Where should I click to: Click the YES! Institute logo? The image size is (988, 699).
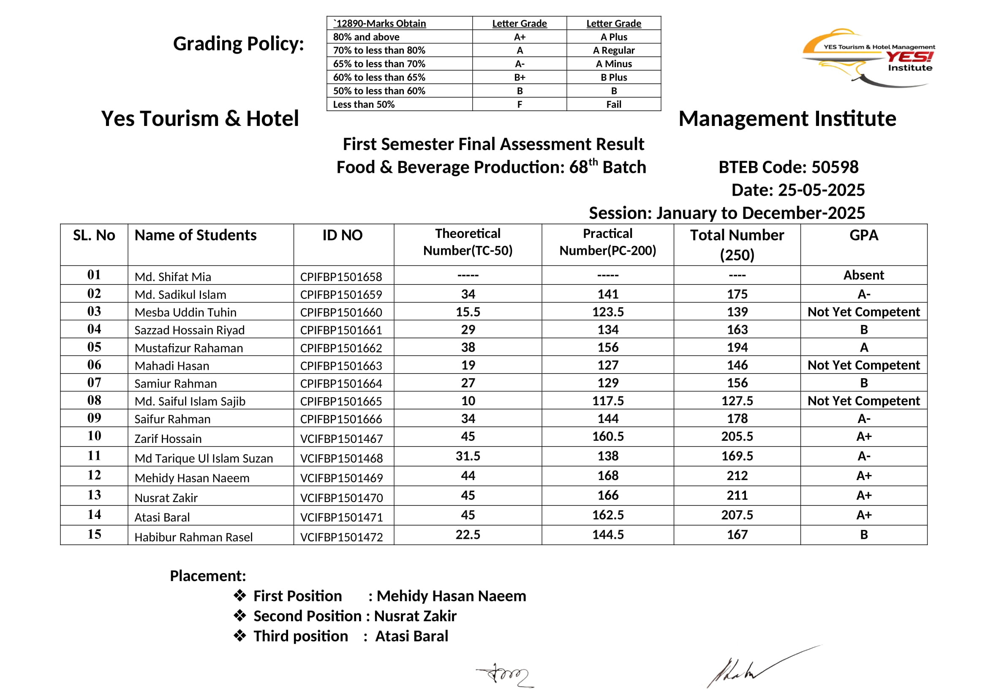(867, 57)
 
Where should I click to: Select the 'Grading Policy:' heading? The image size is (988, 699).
(238, 44)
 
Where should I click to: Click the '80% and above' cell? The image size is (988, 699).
(366, 37)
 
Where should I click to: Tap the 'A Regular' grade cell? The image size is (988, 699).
(613, 50)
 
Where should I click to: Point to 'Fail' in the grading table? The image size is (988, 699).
(613, 104)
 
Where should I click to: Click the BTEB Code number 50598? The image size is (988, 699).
(834, 167)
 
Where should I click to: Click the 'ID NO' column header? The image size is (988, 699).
(343, 235)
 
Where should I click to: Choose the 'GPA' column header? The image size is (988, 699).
(863, 235)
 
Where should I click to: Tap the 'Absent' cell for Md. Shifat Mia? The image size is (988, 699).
(863, 275)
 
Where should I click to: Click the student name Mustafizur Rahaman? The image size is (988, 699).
(188, 348)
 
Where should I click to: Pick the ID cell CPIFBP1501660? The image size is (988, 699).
(341, 312)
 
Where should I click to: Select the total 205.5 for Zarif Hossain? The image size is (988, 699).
(737, 437)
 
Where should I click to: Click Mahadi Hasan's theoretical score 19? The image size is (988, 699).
(468, 365)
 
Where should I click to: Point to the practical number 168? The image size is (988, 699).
(607, 475)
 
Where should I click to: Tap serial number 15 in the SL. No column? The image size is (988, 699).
(94, 534)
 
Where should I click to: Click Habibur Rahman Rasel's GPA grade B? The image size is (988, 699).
(863, 535)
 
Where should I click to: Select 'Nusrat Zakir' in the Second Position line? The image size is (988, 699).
(415, 616)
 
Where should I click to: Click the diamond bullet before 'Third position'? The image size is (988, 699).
(240, 635)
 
